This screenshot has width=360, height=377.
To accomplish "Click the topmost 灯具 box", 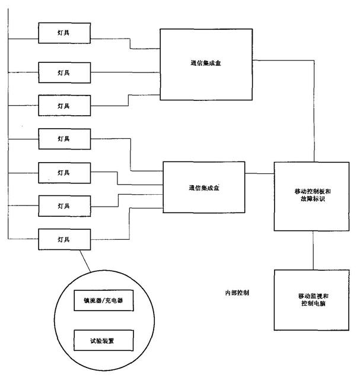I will (63, 32).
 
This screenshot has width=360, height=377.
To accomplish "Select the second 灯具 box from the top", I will (63, 72).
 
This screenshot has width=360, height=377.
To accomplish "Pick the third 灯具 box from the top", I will (63, 105).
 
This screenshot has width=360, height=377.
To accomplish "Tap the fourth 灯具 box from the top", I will (63, 138).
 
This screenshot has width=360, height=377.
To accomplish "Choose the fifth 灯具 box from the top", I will (63, 172).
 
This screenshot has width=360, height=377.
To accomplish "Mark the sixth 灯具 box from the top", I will (63, 205).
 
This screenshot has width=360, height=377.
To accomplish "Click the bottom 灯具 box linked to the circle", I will (63, 239).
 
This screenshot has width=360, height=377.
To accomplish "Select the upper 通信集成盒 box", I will (205, 64).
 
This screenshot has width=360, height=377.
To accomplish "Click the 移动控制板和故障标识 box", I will (308, 196).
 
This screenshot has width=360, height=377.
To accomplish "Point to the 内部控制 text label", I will (237, 293).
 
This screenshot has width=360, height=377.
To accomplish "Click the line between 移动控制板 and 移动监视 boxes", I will (312, 250).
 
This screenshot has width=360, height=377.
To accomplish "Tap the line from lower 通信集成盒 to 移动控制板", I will (259, 173).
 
